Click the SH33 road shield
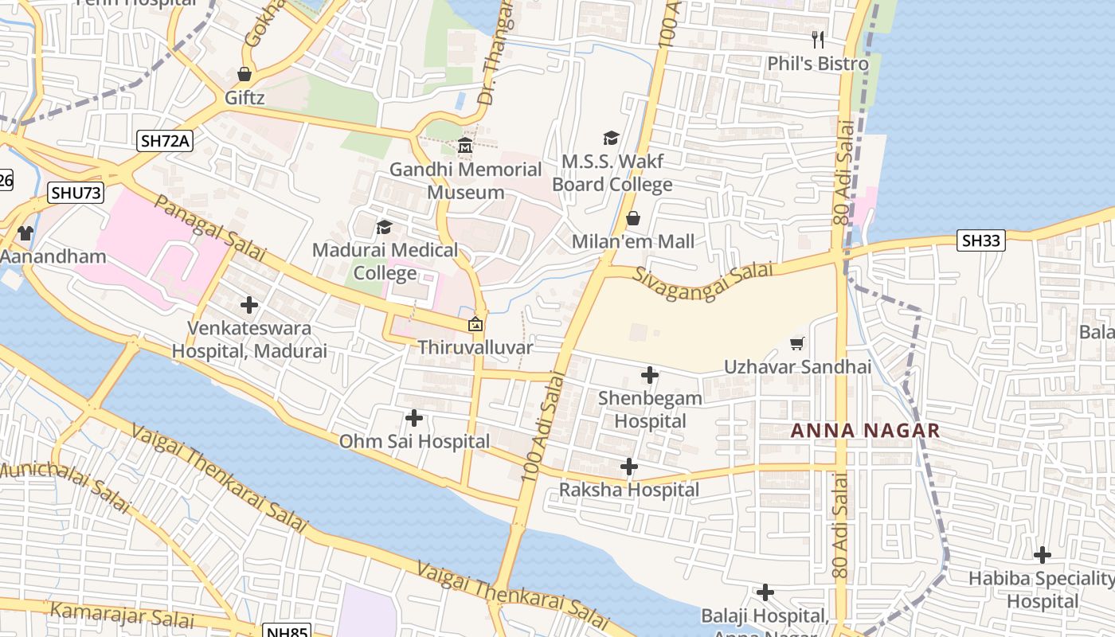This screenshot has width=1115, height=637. (980, 240)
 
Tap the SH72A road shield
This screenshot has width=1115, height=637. (165, 141)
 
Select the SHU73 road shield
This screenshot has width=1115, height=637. (76, 193)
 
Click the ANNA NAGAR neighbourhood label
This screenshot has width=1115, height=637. (865, 431)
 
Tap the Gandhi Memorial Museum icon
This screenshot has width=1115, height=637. (465, 147)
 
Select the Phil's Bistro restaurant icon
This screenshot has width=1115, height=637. (818, 40)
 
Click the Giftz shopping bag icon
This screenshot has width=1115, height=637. (245, 74)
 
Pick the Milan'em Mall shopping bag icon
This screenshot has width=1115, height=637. (633, 217)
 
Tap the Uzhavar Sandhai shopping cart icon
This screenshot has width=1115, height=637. (796, 343)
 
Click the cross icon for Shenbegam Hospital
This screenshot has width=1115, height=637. (650, 374)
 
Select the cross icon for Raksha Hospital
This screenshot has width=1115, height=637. (629, 467)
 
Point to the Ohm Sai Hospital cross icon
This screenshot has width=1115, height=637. (414, 417)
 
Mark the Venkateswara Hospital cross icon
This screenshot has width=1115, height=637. (249, 304)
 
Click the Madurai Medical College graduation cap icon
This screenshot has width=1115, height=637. (384, 227)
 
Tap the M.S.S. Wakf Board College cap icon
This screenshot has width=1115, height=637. (612, 139)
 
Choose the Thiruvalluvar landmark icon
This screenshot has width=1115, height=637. (475, 324)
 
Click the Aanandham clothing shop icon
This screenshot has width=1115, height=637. (25, 233)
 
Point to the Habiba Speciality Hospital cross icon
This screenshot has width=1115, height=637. (1042, 555)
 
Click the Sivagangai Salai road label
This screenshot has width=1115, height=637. (703, 276)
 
